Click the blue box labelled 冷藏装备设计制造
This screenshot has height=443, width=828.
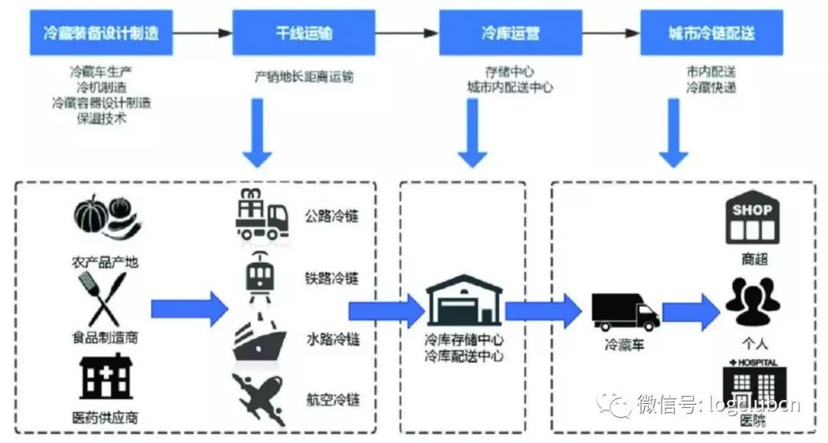pos(101,33)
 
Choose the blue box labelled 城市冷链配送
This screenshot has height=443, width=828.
pos(711,33)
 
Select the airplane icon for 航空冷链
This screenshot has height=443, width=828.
pos(260,399)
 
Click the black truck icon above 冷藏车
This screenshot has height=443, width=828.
pos(625,311)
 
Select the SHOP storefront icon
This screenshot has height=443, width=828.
pos(751,218)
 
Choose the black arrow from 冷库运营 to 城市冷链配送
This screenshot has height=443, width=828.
pos(609,33)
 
